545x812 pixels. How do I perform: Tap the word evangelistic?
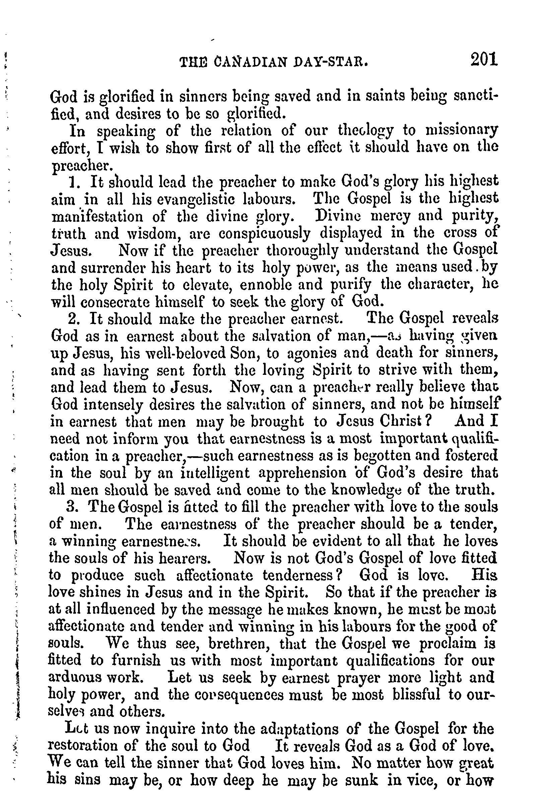pyautogui.click(x=192, y=199)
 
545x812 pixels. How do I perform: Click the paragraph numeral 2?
pyautogui.click(x=72, y=319)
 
